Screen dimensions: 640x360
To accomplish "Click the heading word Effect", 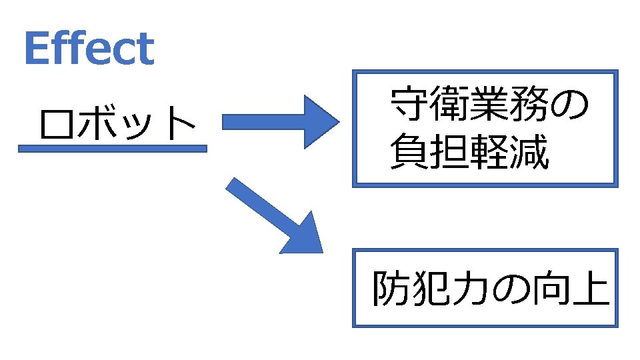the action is (x=89, y=49).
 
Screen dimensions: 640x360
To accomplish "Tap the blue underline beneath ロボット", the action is (x=112, y=149).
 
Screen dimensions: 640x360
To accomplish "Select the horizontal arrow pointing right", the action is (x=280, y=121).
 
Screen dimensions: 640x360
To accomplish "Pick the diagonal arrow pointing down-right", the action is (x=277, y=217).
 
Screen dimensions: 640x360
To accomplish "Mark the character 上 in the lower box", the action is (x=589, y=289).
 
